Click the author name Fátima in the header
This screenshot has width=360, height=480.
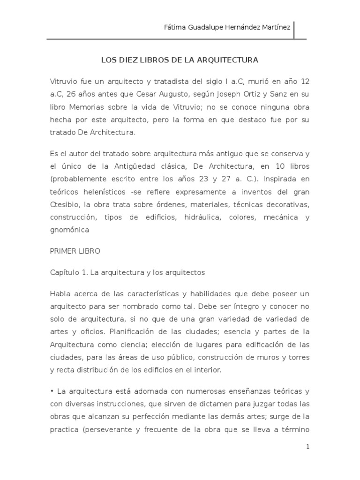click(x=174, y=27)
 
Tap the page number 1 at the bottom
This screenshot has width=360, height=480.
click(x=307, y=447)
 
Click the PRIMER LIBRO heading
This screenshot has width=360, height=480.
click(x=75, y=251)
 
